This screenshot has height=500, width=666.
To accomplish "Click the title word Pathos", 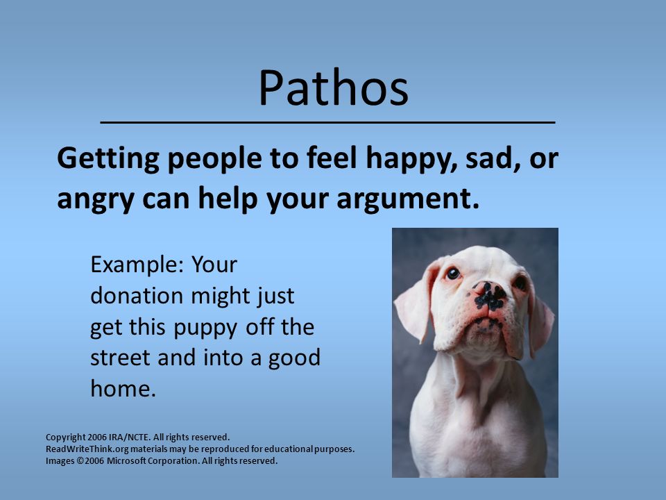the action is pos(334,87).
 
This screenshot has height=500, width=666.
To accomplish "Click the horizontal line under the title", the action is pos(327,122).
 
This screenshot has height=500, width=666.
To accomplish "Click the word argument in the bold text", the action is pos(408,199).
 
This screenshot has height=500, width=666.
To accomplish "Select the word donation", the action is pos(137,296).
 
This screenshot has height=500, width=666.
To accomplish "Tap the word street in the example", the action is pos(120,358).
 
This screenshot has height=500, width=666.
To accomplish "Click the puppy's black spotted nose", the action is pos(490,296).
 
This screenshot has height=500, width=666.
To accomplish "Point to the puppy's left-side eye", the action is pos(453,273).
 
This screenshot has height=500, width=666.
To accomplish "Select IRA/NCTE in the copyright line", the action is pos(129,437).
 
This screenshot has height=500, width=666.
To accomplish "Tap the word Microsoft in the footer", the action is pos(126,461).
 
